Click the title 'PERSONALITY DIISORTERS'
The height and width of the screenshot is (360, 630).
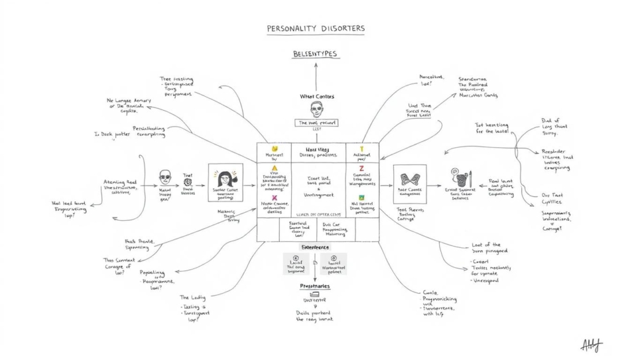tap(315, 29)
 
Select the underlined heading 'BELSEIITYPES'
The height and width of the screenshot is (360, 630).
tap(315, 54)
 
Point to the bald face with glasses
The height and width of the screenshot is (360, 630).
tap(165, 177)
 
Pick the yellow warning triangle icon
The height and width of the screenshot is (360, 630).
tap(275, 167)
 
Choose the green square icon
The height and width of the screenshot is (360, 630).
tap(361, 198)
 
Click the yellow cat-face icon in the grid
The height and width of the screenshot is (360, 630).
tap(275, 149)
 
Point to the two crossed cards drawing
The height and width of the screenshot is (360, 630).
tap(409, 179)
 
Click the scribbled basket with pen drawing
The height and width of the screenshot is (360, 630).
tap(461, 179)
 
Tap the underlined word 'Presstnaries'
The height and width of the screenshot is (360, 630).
tap(315, 286)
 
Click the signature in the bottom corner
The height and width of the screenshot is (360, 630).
tap(592, 345)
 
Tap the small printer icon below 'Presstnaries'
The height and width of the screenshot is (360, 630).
tap(314, 295)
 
